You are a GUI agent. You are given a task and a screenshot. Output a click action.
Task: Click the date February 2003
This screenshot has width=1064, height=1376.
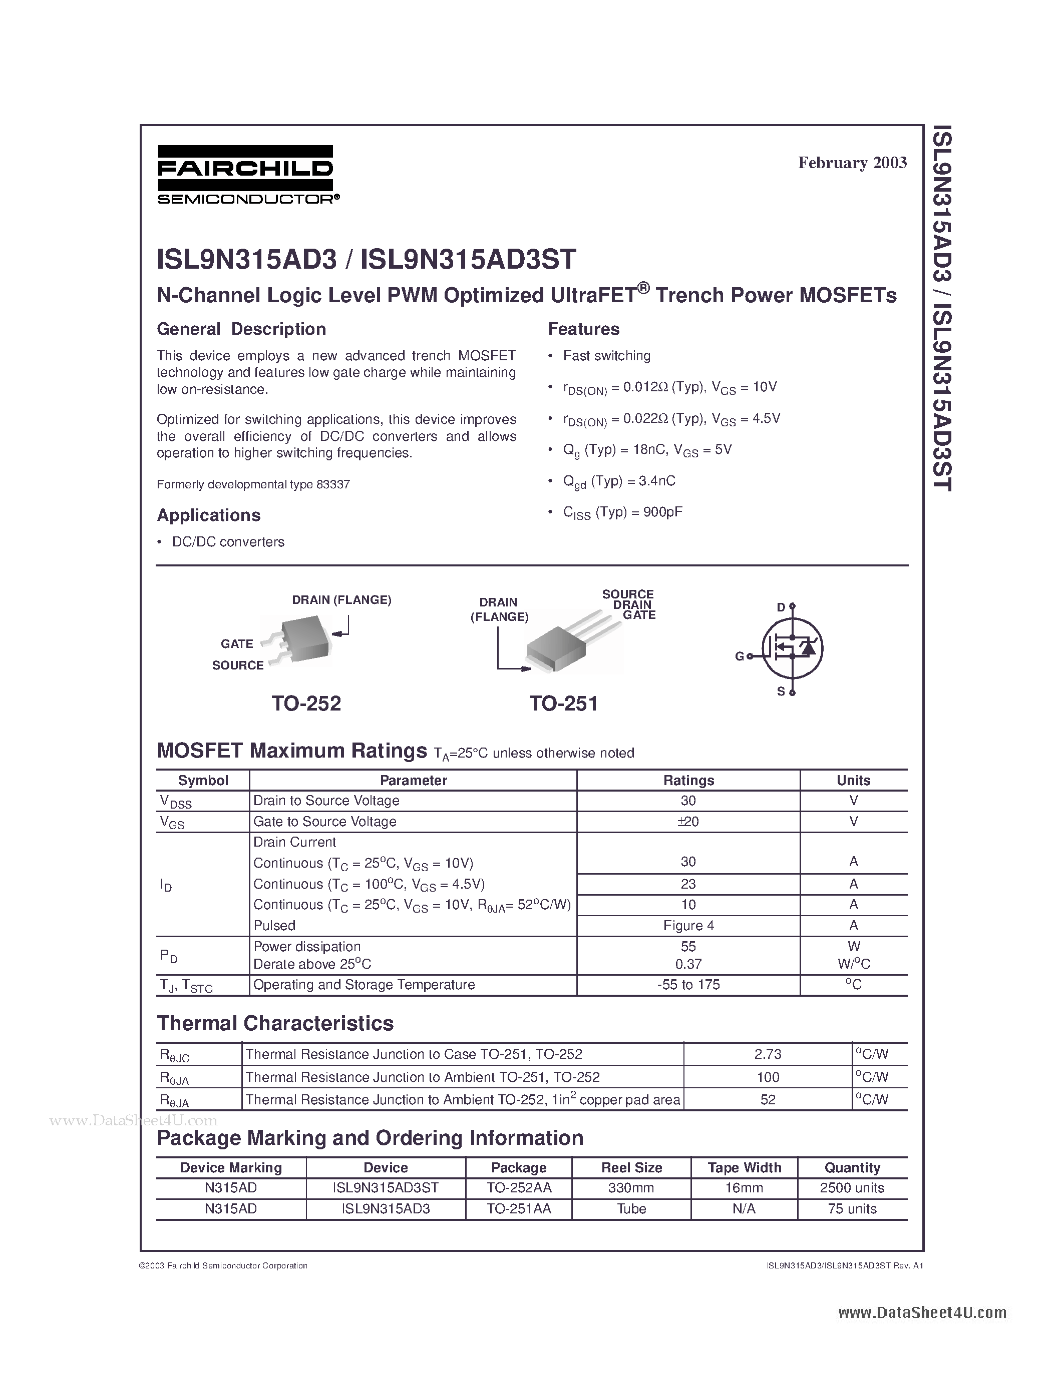(852, 163)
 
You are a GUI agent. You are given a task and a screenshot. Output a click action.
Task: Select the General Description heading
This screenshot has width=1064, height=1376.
(241, 329)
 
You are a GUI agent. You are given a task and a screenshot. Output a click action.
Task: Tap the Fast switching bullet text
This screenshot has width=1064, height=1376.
(606, 356)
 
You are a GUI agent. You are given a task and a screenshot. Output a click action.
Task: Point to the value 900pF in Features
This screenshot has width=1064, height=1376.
(662, 511)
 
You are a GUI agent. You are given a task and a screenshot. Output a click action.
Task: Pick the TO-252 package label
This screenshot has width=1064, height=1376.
(306, 703)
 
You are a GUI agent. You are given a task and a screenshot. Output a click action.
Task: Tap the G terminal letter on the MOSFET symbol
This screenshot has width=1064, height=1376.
(740, 656)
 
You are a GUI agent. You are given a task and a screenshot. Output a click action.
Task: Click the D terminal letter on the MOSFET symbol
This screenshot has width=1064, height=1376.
(781, 607)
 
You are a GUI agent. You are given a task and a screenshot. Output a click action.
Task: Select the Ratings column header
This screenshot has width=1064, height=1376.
(688, 780)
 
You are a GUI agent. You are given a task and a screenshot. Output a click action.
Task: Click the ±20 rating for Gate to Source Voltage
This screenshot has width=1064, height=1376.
(688, 822)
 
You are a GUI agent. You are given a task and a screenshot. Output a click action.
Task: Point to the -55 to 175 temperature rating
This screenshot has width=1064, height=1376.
(688, 985)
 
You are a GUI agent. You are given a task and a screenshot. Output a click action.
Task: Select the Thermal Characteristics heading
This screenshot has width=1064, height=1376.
(275, 1023)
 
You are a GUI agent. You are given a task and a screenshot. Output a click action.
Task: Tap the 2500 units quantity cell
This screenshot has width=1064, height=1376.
(852, 1188)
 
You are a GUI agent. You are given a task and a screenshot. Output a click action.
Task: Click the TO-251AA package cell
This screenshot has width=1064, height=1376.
(519, 1208)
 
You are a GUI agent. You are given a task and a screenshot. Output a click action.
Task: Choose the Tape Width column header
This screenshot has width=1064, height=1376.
(745, 1167)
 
